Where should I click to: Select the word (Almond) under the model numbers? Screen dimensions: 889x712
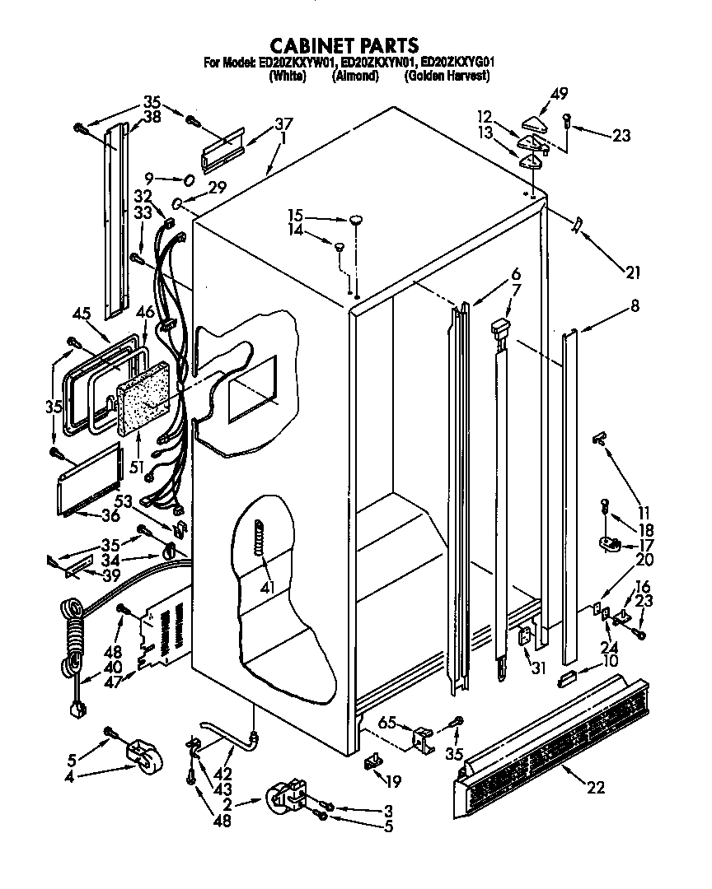coord(355,76)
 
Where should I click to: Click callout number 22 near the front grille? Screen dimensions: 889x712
coord(596,788)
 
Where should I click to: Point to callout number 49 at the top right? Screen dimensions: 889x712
coord(560,95)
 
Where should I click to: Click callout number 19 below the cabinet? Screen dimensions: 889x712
coord(393,783)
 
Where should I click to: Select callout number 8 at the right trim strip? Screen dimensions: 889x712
coord(634,306)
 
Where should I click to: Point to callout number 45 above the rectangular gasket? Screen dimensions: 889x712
coord(80,313)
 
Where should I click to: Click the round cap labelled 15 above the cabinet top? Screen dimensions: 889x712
coord(356,219)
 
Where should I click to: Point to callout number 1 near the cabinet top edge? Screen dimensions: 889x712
coord(283,139)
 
